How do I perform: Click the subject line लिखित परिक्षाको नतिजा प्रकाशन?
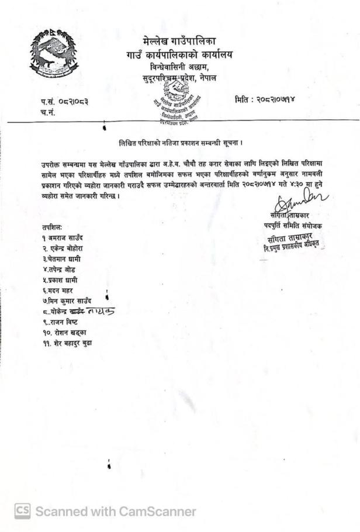tap(179, 143)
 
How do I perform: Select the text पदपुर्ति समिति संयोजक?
tap(293, 226)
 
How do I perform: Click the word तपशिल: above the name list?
tap(51, 227)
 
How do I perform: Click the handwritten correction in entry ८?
tap(98, 312)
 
